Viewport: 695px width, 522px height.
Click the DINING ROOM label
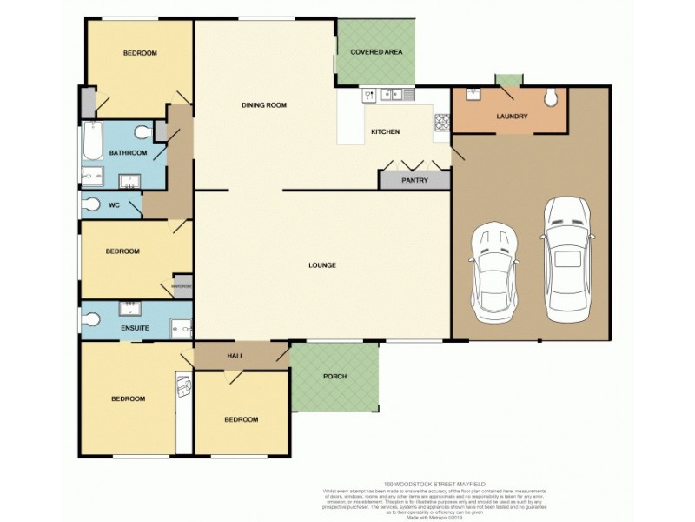tap(264, 105)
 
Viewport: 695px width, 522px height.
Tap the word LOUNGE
tap(322, 265)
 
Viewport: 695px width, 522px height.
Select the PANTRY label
tap(414, 181)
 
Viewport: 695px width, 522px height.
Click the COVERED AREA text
tap(376, 52)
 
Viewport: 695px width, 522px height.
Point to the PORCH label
tap(334, 377)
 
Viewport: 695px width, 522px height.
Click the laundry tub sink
tap(474, 95)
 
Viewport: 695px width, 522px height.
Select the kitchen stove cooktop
tap(440, 124)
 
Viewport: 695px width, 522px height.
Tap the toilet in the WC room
tap(92, 206)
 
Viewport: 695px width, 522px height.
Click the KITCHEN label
tap(385, 132)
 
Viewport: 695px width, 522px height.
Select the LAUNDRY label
tap(512, 117)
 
